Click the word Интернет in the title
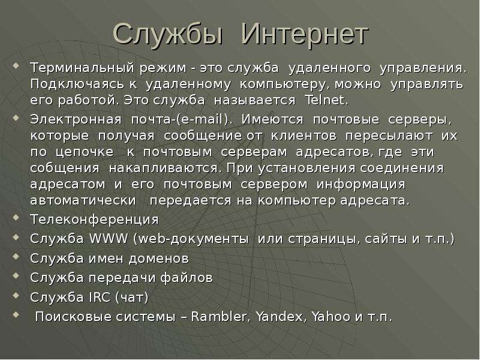[305, 34]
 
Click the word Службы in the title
[168, 34]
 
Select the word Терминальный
[82, 68]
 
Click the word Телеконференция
[94, 220]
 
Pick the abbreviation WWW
[109, 239]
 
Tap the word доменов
[159, 259]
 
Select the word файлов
[187, 278]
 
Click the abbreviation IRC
[100, 297]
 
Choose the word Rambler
[219, 317]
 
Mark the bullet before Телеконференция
[16, 218]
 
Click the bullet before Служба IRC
[16, 295]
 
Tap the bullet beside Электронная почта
[16, 118]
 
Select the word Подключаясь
[77, 85]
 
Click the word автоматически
[83, 200]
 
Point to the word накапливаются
[165, 169]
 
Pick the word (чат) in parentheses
[132, 297]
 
